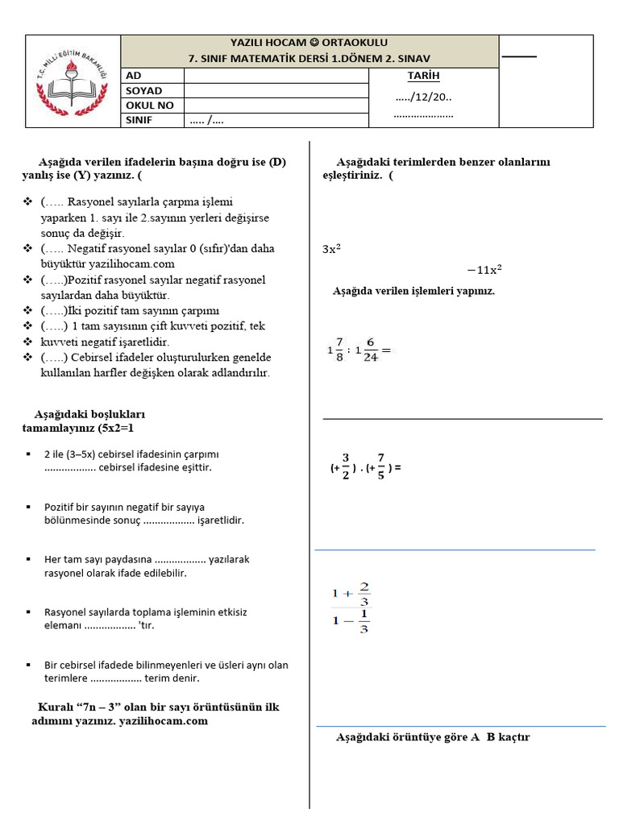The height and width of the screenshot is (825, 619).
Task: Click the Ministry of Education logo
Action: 73,81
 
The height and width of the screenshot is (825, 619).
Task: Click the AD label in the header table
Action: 133,76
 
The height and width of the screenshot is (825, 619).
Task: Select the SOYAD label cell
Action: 143,91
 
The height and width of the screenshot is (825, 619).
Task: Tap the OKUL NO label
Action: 149,106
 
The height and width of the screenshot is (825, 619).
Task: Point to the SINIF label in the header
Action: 139,121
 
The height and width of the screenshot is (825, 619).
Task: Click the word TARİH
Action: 424,76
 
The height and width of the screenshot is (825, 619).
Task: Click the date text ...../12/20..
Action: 424,97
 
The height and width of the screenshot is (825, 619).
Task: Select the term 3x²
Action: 331,250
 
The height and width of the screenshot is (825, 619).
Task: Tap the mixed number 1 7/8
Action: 337,350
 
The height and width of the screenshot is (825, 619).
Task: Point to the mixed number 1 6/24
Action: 367,350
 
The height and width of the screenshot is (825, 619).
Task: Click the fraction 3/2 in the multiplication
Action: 345,466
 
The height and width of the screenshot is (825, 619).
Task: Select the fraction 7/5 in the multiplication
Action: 380,466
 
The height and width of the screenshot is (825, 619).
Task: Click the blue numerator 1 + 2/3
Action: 351,594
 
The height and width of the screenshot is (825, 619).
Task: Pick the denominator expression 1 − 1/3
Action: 351,621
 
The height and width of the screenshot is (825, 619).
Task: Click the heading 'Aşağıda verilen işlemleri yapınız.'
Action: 413,291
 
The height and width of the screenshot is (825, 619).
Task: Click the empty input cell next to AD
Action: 276,76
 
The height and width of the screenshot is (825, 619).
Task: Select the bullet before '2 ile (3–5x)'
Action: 28,454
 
